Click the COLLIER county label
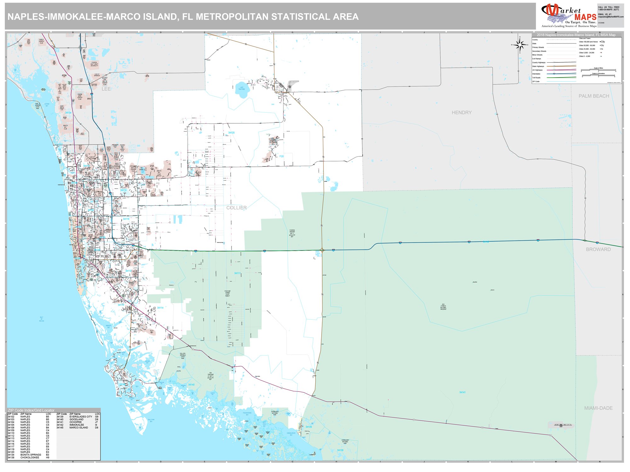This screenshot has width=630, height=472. click(x=236, y=208)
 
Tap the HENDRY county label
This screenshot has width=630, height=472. click(x=461, y=113)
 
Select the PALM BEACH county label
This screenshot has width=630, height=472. click(x=593, y=96)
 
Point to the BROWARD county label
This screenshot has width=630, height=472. click(x=598, y=249)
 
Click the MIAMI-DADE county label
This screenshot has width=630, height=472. click(x=598, y=408)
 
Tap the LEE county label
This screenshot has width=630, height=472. click(x=106, y=89)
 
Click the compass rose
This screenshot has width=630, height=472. click(x=519, y=45)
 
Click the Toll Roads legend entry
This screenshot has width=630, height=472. click(x=536, y=78)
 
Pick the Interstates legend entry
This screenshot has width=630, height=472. click(x=536, y=74)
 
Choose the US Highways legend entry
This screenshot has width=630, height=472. click(x=537, y=70)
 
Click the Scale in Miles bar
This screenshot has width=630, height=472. click(x=598, y=70)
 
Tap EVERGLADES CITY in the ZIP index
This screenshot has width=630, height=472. click(x=81, y=417)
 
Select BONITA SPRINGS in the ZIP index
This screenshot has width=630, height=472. click(x=31, y=455)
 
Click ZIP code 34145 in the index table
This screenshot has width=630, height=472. click(x=60, y=428)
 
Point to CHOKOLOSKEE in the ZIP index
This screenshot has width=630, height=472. click(x=30, y=458)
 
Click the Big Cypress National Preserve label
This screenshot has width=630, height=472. click(x=443, y=307)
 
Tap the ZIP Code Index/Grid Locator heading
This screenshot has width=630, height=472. click(x=31, y=410)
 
